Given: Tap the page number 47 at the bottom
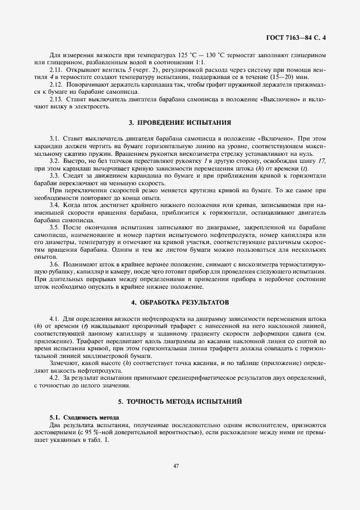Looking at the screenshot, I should pyautogui.click(x=176, y=466).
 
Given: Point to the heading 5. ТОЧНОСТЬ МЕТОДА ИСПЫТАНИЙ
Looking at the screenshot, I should pyautogui.click(x=180, y=401).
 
